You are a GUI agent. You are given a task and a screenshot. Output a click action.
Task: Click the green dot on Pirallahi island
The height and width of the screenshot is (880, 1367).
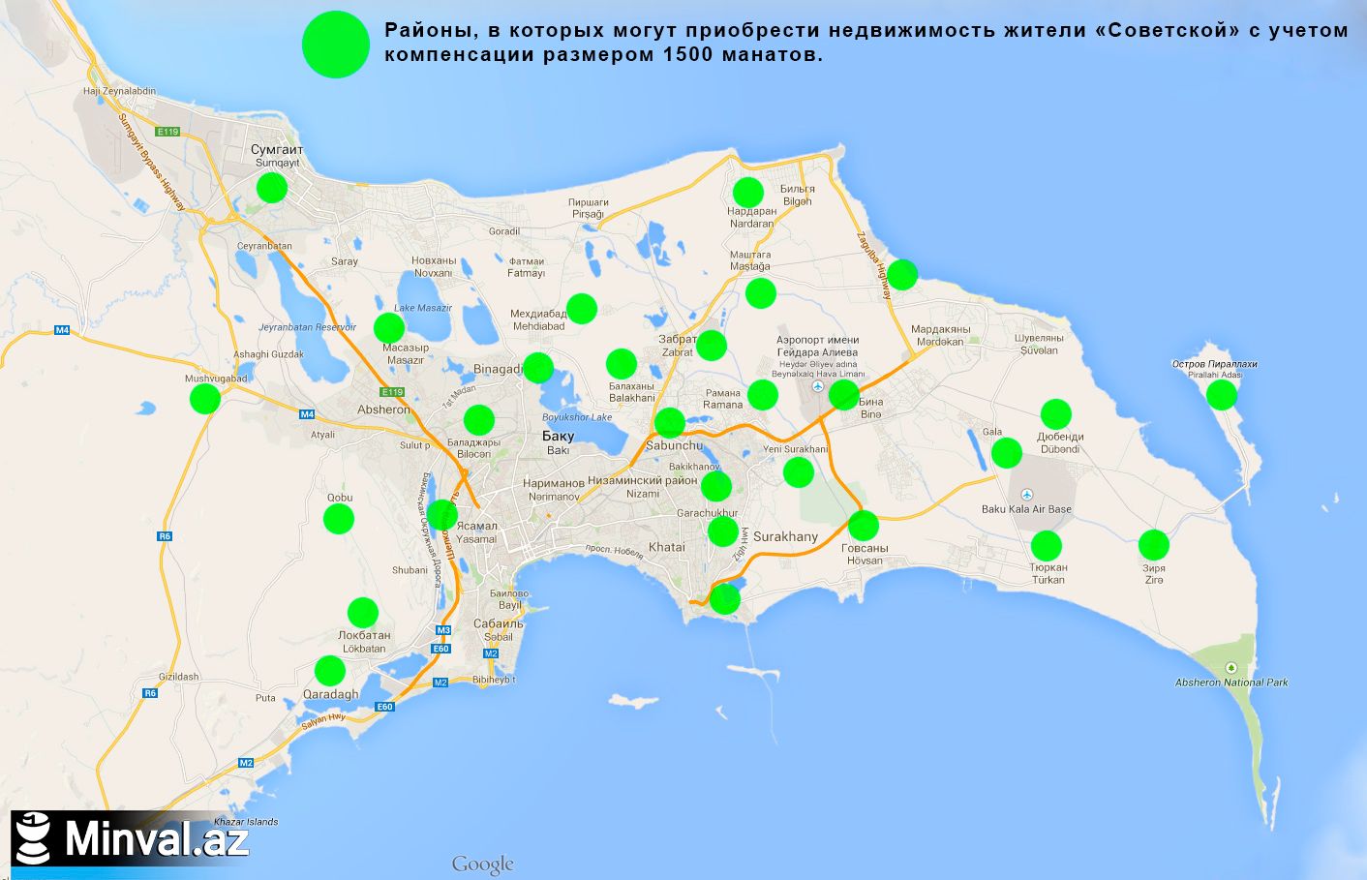[x=1222, y=394]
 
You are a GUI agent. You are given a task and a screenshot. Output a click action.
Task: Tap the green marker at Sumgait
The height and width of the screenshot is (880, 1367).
[x=272, y=187]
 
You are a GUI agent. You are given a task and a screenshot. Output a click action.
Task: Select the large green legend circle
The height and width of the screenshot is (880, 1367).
[x=336, y=45]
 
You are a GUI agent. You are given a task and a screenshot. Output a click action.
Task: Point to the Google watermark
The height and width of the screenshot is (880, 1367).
[x=482, y=865]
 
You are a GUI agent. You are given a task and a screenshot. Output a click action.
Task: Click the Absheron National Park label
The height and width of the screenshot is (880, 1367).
[x=1231, y=683]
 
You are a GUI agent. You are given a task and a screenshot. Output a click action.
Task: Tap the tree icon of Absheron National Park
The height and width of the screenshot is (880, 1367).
[x=1230, y=667]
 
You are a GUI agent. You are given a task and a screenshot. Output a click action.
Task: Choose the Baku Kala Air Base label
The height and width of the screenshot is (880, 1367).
[x=1026, y=509]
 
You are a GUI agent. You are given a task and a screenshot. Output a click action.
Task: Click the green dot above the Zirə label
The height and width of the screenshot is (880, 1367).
[x=1153, y=545]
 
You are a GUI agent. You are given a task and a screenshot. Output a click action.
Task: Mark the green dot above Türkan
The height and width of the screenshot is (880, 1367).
[x=1047, y=546]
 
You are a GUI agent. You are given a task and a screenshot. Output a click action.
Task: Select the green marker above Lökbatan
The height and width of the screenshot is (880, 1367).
[x=363, y=612]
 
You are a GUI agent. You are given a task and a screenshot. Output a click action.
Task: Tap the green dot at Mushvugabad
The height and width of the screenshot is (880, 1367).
[x=205, y=398]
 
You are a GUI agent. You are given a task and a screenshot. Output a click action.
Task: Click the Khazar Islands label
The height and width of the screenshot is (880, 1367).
[x=246, y=822]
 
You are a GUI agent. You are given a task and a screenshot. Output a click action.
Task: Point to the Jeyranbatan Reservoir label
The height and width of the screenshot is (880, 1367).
[x=308, y=327]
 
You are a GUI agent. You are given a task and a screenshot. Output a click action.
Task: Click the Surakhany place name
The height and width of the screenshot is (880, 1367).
[x=785, y=536]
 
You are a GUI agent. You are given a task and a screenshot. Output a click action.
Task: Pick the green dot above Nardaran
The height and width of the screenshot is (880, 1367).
[x=747, y=192]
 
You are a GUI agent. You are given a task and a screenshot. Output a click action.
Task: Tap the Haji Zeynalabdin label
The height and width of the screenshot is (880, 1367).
[x=119, y=91]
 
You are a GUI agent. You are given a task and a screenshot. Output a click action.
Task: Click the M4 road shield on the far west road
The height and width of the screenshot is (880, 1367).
[x=62, y=330]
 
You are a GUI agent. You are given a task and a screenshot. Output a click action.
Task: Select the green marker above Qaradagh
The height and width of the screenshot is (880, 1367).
[x=330, y=670]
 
